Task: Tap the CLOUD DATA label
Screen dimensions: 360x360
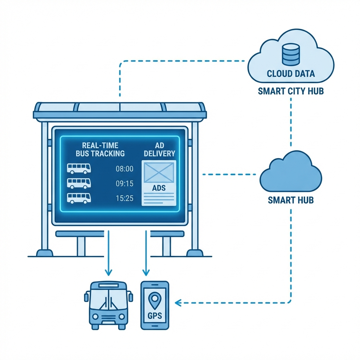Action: pyautogui.click(x=291, y=74)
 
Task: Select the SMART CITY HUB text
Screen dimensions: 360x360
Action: pyautogui.click(x=291, y=91)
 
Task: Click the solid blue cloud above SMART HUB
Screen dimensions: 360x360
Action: pyautogui.click(x=291, y=172)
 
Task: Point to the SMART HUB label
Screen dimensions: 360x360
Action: pyautogui.click(x=291, y=200)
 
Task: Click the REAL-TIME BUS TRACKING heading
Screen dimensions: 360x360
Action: pyautogui.click(x=100, y=149)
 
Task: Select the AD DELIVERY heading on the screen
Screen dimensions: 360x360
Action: pyautogui.click(x=159, y=149)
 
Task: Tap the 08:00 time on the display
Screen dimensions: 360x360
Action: pyautogui.click(x=124, y=169)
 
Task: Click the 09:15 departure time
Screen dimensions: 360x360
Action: pyautogui.click(x=124, y=183)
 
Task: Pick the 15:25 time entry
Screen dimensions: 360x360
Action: pyautogui.click(x=124, y=198)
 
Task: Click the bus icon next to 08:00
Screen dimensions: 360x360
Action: pyautogui.click(x=79, y=168)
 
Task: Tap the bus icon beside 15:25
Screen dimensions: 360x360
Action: pyautogui.click(x=79, y=198)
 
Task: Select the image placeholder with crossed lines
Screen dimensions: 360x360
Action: pyautogui.click(x=159, y=172)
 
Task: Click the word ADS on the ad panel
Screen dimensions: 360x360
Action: pyautogui.click(x=159, y=188)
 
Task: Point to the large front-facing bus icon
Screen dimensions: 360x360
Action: pyautogui.click(x=109, y=304)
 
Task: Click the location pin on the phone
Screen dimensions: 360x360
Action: pyautogui.click(x=155, y=301)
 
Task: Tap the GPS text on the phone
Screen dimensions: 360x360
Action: pyautogui.click(x=155, y=316)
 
